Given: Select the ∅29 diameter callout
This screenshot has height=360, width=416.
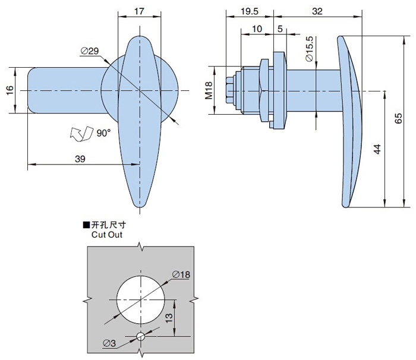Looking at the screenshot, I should [89, 52].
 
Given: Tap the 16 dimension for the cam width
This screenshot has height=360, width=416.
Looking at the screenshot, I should [9, 90].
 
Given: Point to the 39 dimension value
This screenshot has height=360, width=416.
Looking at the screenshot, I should [79, 158].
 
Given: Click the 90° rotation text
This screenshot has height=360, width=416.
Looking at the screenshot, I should [103, 134].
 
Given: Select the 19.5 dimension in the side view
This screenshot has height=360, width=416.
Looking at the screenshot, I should [250, 11].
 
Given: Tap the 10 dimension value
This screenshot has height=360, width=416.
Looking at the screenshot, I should [257, 28].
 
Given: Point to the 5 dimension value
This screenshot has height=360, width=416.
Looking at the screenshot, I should [279, 28].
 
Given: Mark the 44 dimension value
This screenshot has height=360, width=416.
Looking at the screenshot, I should [377, 149].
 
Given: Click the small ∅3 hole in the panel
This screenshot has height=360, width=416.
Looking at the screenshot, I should [140, 337].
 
